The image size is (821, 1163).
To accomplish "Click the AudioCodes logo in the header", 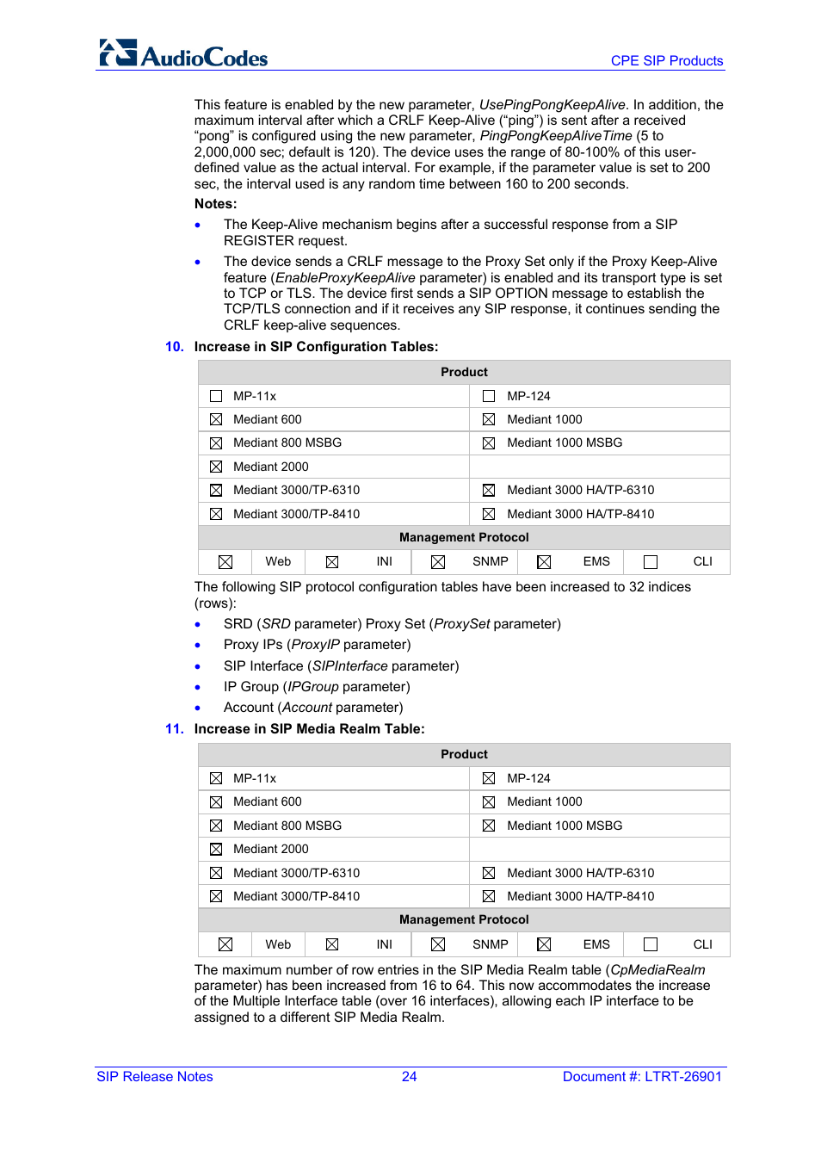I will tap(183, 53).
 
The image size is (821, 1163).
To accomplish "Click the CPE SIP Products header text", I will tap(666, 61).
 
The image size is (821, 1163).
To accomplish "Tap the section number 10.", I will tap(174, 347).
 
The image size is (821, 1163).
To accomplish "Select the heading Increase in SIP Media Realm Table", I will tap(309, 729).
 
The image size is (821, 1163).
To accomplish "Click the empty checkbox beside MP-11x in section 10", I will tap(216, 396).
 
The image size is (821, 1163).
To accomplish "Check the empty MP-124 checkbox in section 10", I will tap(489, 396).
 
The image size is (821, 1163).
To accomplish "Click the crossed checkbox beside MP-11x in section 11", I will tap(216, 778).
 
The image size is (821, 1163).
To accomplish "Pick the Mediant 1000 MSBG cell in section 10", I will tap(564, 442).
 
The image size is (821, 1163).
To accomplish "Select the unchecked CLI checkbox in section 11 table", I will tap(651, 944).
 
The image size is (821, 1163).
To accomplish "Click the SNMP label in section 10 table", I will tap(490, 561).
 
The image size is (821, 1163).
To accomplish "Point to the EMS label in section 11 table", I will tap(596, 944).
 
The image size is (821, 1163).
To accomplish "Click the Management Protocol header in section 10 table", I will tap(464, 537).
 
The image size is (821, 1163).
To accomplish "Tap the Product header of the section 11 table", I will tap(464, 754).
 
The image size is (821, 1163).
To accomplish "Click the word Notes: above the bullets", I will tap(215, 204).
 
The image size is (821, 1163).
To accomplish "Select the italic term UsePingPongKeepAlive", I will tap(552, 105).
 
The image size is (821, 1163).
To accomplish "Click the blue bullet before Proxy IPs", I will tap(198, 646).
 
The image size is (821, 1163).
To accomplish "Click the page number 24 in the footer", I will tap(409, 1077).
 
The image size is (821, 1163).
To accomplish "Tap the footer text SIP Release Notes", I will tap(155, 1077).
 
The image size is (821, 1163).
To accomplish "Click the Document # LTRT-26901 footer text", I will tap(641, 1077).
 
